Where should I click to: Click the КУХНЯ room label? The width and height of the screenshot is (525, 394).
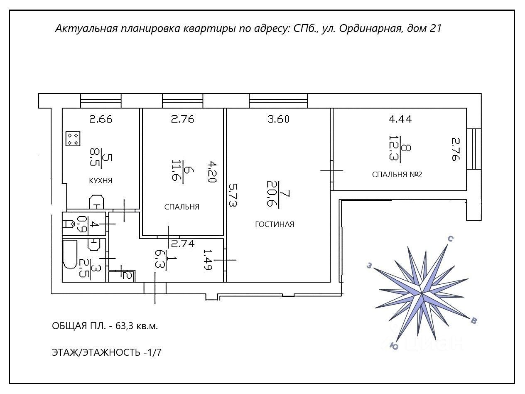point(101,181)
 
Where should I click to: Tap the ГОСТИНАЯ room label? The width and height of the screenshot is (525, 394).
point(274,224)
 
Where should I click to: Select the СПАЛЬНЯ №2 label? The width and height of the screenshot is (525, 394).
point(397,175)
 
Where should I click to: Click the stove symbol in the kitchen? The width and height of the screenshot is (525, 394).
point(73,139)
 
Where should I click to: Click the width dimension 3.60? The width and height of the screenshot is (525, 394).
point(278,119)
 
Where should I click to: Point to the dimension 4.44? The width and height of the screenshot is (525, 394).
point(400,119)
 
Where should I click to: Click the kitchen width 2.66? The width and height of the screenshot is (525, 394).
point(101,119)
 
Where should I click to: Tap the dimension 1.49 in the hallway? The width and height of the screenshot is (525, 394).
point(208,260)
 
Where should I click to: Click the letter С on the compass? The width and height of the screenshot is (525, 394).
point(449,239)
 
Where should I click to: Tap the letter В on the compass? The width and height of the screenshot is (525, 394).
point(474,320)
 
